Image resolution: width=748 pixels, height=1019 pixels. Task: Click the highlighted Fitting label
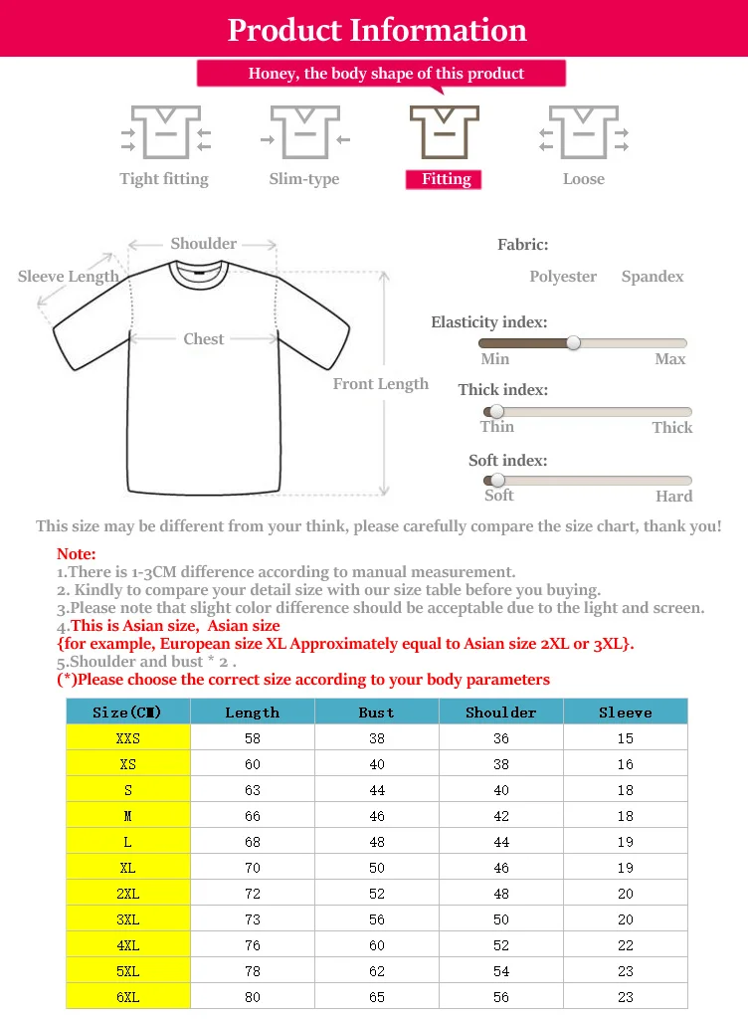[445, 179]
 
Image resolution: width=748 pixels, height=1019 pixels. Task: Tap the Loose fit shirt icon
[583, 133]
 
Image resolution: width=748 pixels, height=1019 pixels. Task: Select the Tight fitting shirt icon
[165, 133]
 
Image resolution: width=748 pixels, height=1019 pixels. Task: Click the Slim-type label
[303, 179]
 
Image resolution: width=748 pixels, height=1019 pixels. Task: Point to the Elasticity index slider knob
[573, 342]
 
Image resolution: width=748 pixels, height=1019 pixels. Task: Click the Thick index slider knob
[495, 411]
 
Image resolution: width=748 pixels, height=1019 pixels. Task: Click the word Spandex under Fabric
[653, 277]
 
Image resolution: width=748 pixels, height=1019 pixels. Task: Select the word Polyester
[563, 277]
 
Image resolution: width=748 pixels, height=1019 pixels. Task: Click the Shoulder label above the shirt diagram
[203, 244]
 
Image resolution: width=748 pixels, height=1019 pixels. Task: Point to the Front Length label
[380, 384]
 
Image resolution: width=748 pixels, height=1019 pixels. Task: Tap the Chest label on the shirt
[203, 339]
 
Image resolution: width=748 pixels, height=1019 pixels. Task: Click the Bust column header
[376, 713]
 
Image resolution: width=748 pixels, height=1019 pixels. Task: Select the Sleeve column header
[625, 713]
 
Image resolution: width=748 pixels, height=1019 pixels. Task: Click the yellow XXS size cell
[127, 738]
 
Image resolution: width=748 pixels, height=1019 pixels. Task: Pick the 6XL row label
[127, 997]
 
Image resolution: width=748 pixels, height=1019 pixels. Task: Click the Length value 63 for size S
[252, 790]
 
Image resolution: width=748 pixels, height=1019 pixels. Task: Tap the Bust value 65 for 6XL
[376, 997]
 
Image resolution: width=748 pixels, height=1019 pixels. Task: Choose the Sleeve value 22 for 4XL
[625, 945]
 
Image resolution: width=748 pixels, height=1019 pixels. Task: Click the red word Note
[77, 554]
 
